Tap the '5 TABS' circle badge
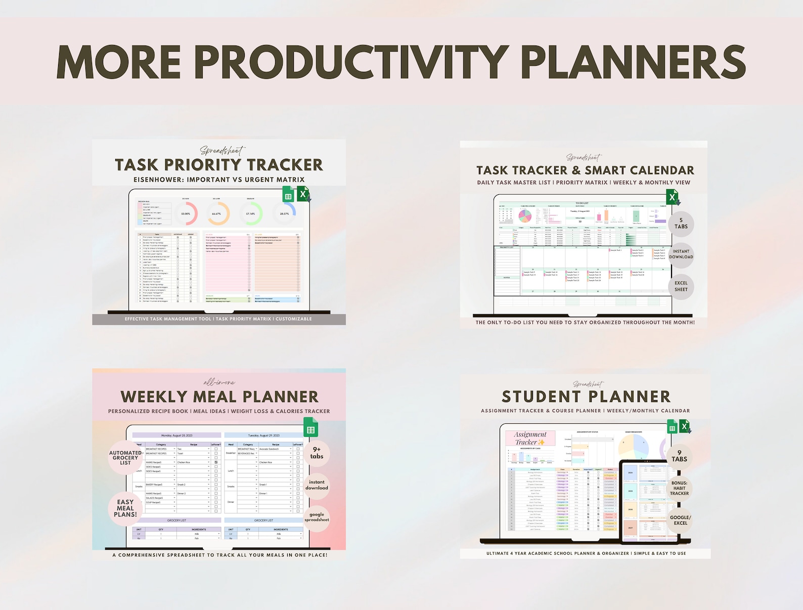tap(681, 224)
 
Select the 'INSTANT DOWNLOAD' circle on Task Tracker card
tap(681, 254)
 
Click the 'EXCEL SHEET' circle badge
tap(681, 286)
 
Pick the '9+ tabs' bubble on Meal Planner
tap(317, 453)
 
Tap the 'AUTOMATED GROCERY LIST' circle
tap(125, 458)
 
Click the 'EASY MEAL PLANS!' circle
tap(125, 508)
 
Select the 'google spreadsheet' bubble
tap(317, 517)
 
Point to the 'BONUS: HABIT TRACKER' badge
tap(679, 488)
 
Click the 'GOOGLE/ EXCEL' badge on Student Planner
tap(680, 520)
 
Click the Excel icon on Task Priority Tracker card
tap(303, 194)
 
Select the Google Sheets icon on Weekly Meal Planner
tap(310, 429)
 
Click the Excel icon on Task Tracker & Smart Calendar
tap(673, 197)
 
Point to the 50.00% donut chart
tap(186, 214)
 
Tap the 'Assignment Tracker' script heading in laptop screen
tap(530, 438)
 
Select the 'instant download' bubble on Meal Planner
tap(317, 485)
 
